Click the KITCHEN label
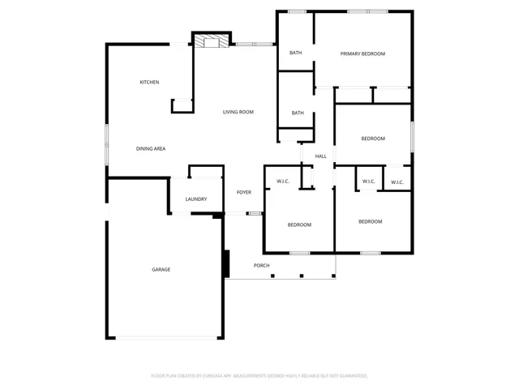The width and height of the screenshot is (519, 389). [149, 82]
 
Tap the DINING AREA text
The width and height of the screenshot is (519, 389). [151, 148]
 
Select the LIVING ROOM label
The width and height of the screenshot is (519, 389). [238, 112]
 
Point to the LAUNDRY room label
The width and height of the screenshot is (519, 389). [195, 199]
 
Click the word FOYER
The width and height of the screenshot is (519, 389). [243, 192]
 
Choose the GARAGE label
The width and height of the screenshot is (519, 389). [161, 269]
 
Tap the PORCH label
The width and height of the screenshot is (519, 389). [261, 266]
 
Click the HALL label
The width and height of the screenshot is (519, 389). [320, 156]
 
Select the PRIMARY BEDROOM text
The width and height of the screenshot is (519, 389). [362, 53]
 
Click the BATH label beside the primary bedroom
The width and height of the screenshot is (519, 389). [295, 53]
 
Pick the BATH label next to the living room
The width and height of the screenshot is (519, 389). [298, 113]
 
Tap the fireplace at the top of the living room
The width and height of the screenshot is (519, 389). [212, 41]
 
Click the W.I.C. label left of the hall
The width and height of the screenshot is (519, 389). [283, 181]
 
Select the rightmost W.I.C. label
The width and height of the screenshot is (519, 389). [397, 182]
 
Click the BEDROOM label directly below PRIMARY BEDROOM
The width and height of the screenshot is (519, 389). [372, 139]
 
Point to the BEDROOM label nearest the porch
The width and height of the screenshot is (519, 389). [298, 224]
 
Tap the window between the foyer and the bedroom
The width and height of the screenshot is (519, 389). [255, 213]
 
